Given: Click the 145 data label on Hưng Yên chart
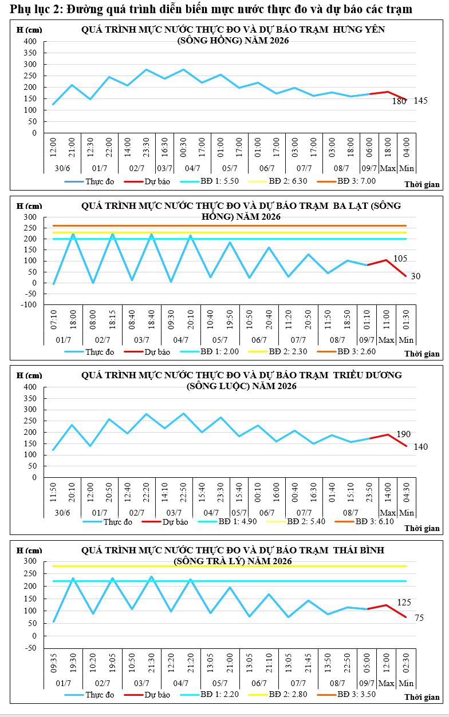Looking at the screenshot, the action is tap(420, 101).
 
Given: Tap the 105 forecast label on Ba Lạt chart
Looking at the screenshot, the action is tap(400, 258).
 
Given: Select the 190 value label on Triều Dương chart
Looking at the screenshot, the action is tap(403, 434).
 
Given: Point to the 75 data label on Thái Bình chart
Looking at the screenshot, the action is tap(419, 618).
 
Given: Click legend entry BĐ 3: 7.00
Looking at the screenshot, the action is tap(346, 181).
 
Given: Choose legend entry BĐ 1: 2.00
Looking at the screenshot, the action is tap(210, 351).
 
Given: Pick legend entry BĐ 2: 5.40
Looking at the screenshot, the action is tap(296, 521).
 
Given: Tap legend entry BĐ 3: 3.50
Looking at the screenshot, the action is tap(346, 694).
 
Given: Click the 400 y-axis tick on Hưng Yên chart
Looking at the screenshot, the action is tap(30, 41).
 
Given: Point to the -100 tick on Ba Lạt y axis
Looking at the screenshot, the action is tap(29, 304).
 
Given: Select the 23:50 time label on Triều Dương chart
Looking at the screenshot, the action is tap(369, 492).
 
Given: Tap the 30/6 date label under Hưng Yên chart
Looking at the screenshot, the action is tap(62, 168).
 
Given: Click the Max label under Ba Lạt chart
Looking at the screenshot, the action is tap(386, 339).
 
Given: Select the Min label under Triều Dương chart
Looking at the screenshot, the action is tap(407, 513).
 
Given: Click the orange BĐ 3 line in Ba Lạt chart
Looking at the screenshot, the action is tap(230, 225).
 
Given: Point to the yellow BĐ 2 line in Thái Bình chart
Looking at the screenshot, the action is tap(230, 567).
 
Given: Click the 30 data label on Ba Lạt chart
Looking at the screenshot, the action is tap(415, 276).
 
